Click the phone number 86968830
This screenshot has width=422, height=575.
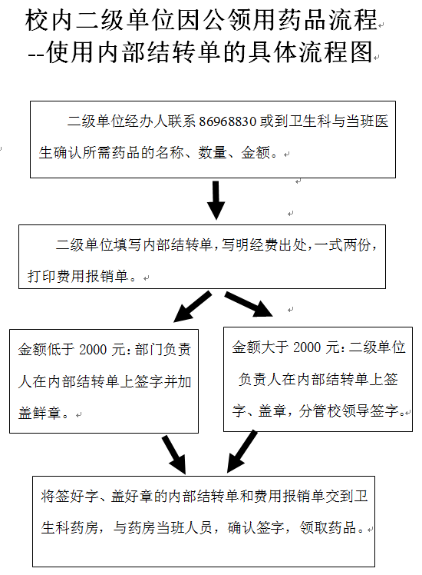point(228,121)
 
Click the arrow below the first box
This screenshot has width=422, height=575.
point(216,200)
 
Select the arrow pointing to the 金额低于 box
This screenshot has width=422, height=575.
point(192,307)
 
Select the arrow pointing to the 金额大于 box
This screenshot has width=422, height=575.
point(249,304)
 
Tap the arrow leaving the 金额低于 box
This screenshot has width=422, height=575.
point(174,455)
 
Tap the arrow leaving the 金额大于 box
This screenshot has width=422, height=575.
point(242,451)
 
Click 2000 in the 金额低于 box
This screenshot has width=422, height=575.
point(93,350)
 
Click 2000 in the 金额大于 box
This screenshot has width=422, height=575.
point(307,347)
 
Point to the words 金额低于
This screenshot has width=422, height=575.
point(47,350)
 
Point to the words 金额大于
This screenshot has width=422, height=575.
point(261,347)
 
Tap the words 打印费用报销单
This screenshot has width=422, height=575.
point(78,276)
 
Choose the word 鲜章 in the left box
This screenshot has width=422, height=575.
point(47,414)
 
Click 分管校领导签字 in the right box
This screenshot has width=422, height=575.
point(348,410)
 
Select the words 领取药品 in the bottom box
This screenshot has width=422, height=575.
point(328,527)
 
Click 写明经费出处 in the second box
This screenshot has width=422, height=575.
point(263,245)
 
